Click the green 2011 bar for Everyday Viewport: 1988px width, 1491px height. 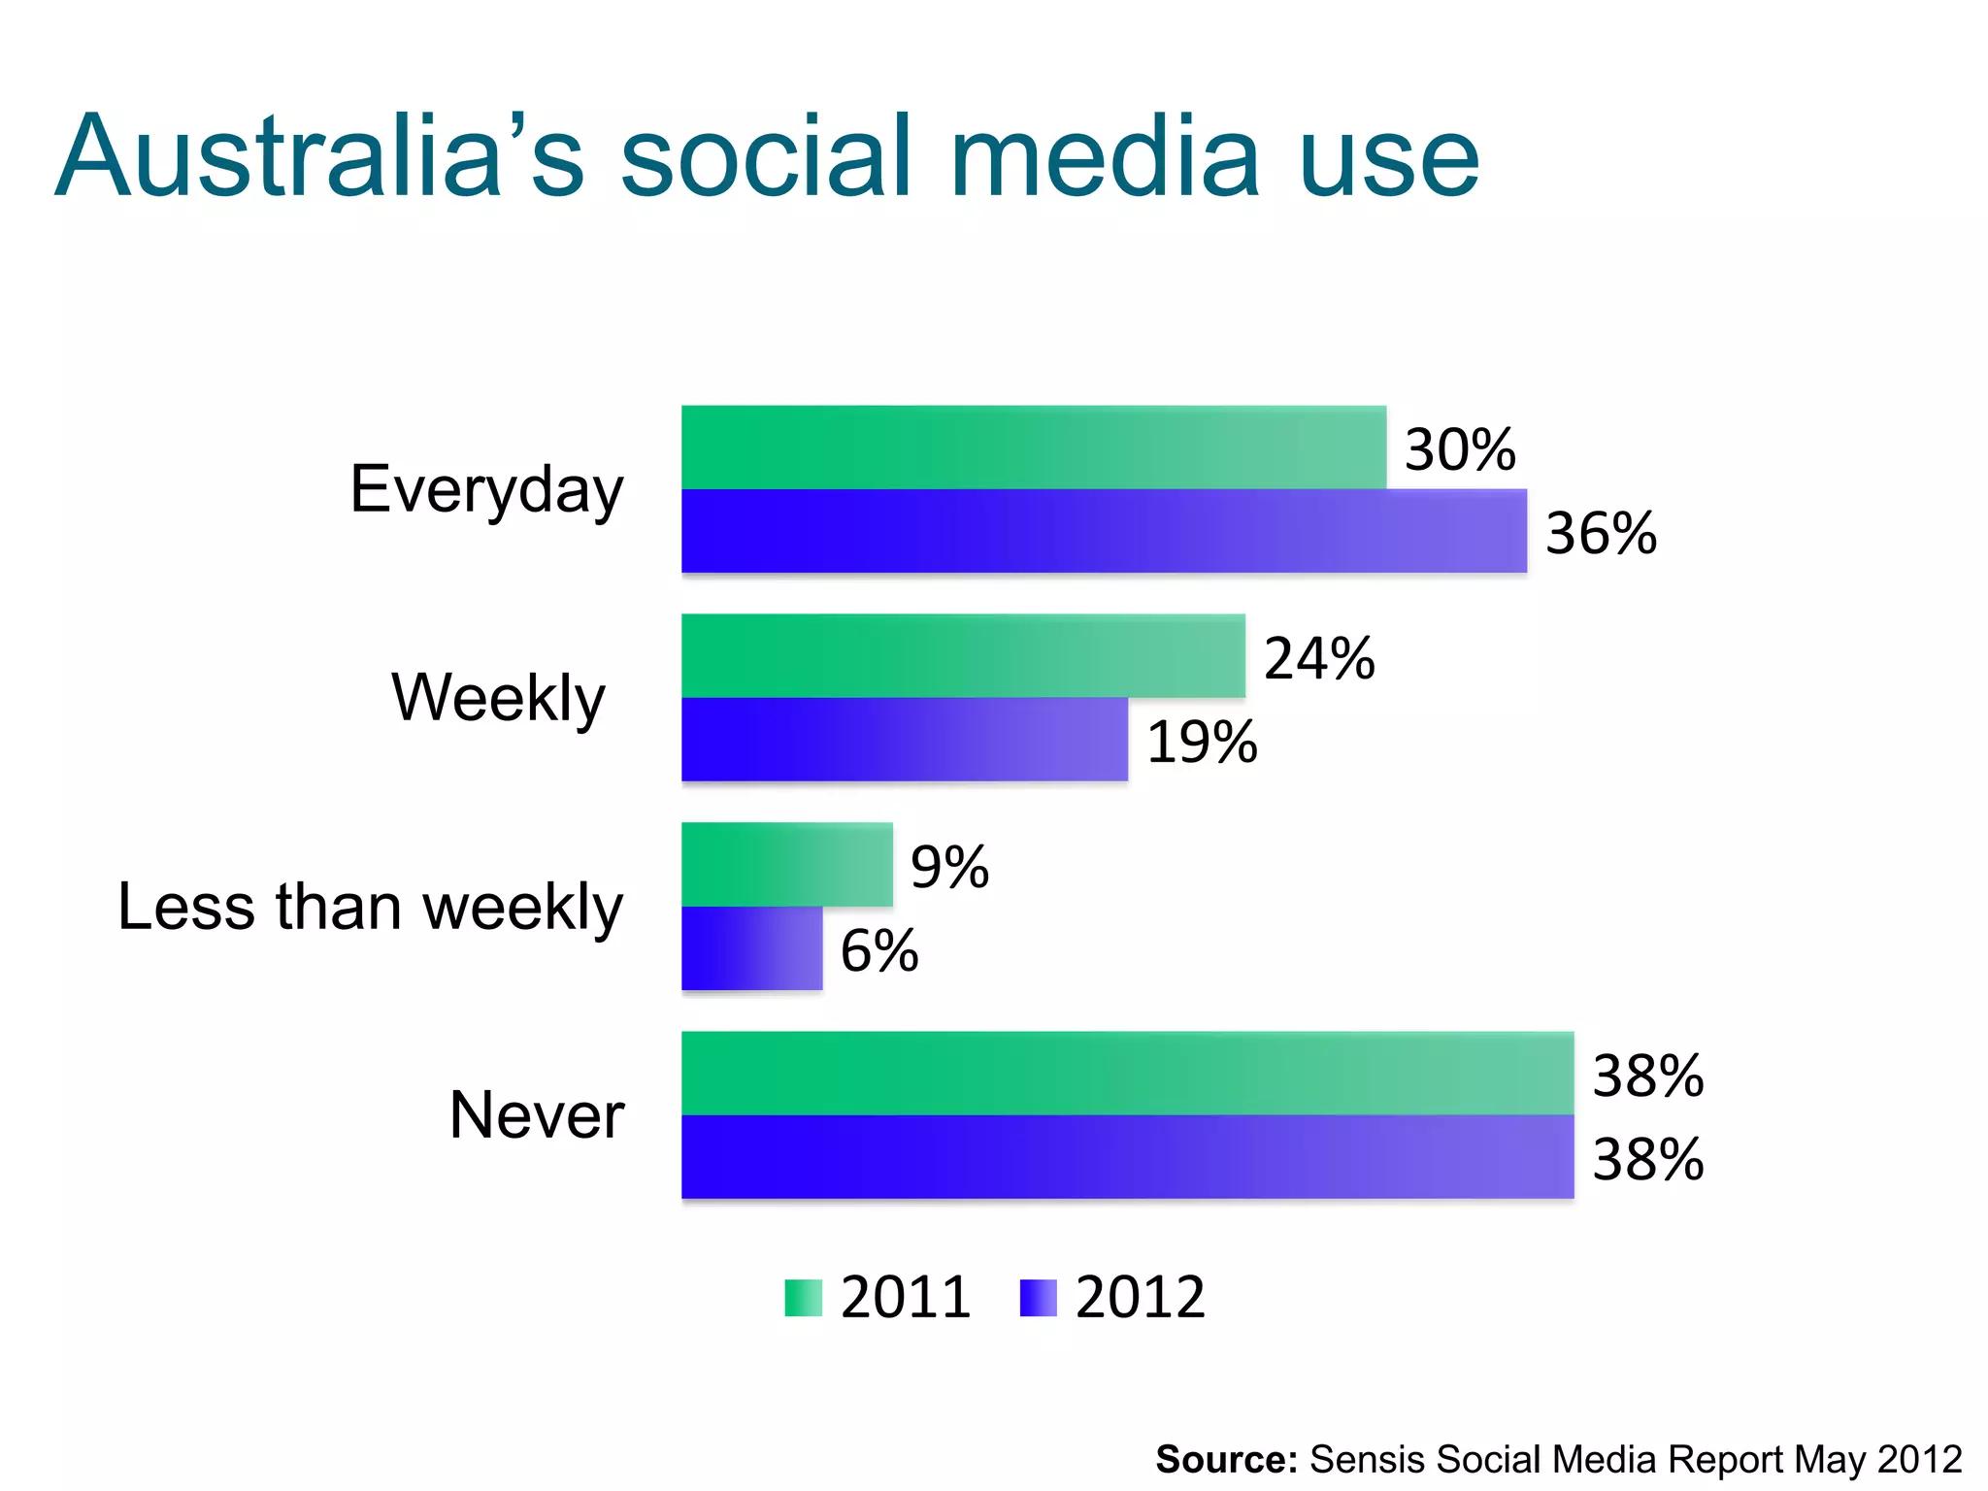click(x=1034, y=447)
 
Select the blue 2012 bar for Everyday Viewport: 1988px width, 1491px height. click(x=1104, y=531)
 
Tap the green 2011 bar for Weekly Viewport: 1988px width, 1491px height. click(x=963, y=656)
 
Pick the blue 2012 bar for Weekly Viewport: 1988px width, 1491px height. click(x=905, y=740)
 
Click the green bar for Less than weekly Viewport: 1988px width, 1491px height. click(x=786, y=865)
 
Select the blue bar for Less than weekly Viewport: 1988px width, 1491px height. click(x=751, y=948)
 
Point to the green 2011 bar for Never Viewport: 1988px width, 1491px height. click(x=1127, y=1074)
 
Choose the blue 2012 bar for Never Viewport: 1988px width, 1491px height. click(x=1127, y=1157)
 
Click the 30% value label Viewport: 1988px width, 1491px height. click(x=1460, y=449)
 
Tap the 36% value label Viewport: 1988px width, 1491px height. click(x=1601, y=533)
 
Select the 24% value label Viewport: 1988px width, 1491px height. click(x=1319, y=658)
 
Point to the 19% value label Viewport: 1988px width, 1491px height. click(x=1202, y=742)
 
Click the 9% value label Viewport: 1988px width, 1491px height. click(x=949, y=867)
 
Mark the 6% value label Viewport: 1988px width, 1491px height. click(x=879, y=950)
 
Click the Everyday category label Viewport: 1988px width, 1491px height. click(x=486, y=489)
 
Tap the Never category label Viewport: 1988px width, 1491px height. click(x=536, y=1114)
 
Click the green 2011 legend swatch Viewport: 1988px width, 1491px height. click(x=803, y=1298)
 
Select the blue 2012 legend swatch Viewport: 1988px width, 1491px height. click(x=1038, y=1298)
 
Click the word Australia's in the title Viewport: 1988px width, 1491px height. click(x=320, y=157)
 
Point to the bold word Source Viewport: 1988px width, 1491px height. click(x=1226, y=1459)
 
